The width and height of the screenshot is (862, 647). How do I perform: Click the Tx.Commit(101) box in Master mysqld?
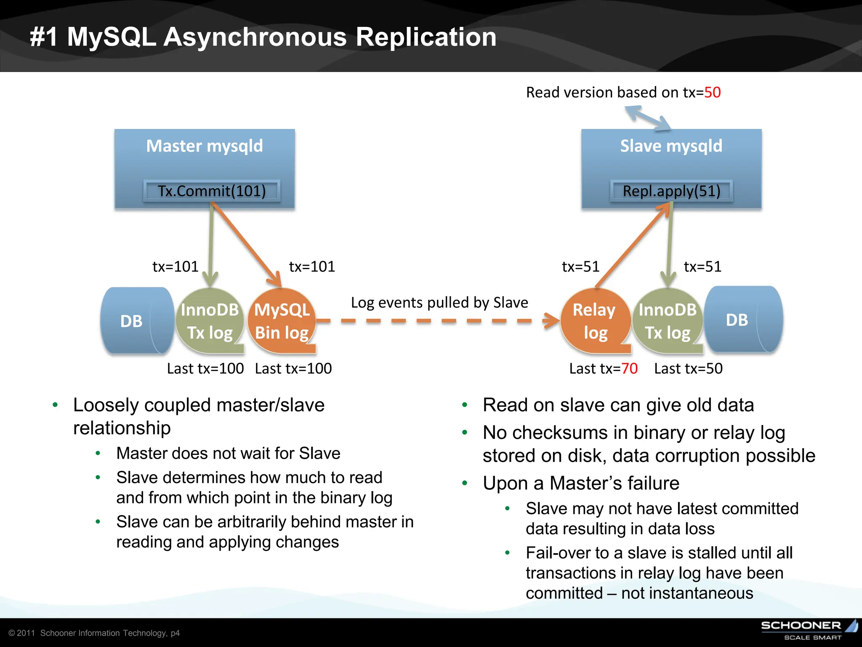[x=212, y=191]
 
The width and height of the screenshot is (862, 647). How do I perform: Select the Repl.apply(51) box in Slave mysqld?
[x=671, y=191]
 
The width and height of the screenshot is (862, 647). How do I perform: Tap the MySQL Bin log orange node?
[x=282, y=321]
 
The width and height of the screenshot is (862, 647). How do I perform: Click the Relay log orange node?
[x=594, y=321]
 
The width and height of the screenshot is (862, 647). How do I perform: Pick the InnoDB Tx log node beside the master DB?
[x=210, y=321]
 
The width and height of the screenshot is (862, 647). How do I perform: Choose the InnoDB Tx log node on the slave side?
[x=668, y=321]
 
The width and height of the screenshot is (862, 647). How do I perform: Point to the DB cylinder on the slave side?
[x=741, y=320]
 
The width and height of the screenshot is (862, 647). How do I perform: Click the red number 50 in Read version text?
[x=712, y=92]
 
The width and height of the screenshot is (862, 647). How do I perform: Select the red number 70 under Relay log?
[x=629, y=369]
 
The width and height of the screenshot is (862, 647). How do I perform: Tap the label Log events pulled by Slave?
[x=439, y=302]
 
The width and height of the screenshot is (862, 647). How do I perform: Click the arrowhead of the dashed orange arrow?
[x=552, y=321]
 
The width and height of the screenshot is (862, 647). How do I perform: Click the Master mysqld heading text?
[x=205, y=146]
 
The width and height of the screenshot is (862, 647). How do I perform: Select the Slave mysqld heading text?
[x=671, y=146]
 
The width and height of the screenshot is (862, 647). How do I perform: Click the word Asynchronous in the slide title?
[x=255, y=37]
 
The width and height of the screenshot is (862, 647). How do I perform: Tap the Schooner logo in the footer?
[x=808, y=629]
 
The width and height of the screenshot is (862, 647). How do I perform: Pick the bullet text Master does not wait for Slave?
[x=228, y=453]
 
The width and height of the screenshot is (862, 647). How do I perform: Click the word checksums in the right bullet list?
[x=560, y=433]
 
